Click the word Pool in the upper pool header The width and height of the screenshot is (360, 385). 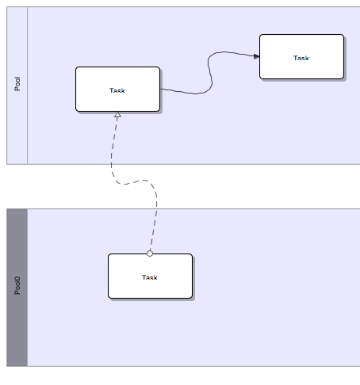pos(17,84)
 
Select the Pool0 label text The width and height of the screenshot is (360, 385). pos(17,285)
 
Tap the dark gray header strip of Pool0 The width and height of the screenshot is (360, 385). pos(17,288)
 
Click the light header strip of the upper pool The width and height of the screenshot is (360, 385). pos(17,86)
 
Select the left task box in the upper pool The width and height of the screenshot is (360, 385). pos(117,89)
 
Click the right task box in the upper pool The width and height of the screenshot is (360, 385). pos(301,56)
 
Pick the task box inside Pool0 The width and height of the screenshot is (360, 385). pos(150,276)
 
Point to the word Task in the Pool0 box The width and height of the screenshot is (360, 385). pos(150,277)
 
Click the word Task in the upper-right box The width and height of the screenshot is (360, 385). pos(301,58)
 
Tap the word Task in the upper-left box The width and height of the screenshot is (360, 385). pos(117,90)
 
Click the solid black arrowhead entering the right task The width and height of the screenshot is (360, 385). pos(256,56)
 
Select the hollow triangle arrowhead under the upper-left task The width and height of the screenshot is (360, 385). pos(118,115)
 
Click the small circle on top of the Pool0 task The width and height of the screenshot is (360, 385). pos(150,253)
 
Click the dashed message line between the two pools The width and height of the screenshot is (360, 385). pos(132,182)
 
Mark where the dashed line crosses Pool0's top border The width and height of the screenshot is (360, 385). pos(157,209)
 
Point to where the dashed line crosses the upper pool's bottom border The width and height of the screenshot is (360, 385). pos(111,164)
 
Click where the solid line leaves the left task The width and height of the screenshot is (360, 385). pos(160,89)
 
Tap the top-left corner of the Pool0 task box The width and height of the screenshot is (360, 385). pos(109,254)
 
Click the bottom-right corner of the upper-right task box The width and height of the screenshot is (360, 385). pos(343,78)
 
